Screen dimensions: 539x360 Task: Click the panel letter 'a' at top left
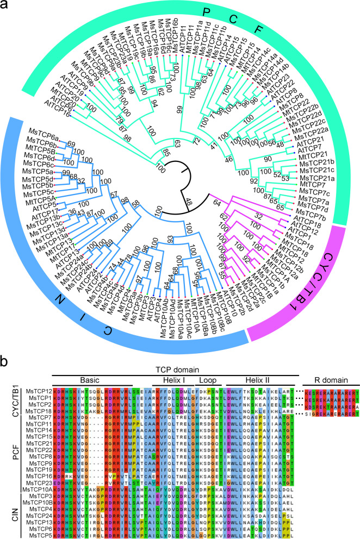click(x=8, y=8)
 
